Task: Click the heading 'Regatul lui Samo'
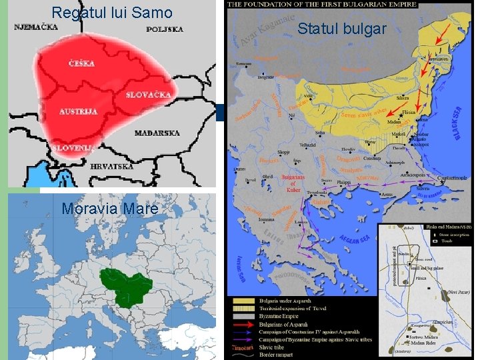click(111, 13)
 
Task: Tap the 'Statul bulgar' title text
click(341, 29)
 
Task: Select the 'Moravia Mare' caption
click(110, 209)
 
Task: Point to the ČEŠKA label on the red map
click(81, 63)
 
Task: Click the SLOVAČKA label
click(148, 95)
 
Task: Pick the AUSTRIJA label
click(78, 111)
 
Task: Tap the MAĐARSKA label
click(157, 133)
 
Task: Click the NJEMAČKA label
click(36, 28)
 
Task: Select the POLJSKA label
click(165, 29)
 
